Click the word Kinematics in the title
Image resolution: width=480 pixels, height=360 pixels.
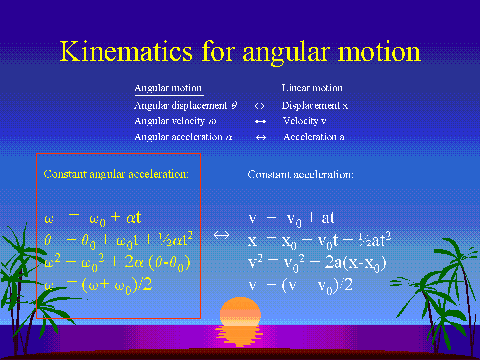(x=126, y=51)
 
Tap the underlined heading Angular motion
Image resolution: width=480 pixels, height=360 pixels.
(x=168, y=88)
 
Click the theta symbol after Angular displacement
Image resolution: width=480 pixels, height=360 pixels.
(x=234, y=105)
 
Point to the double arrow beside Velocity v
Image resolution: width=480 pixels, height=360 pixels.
(x=260, y=122)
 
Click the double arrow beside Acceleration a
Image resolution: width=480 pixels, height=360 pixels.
(x=261, y=138)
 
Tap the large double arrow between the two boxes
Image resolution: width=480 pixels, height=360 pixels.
(x=221, y=235)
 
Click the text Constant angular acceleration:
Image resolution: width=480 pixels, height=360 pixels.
(x=116, y=174)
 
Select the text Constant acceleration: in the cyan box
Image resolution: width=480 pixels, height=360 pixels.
(x=301, y=174)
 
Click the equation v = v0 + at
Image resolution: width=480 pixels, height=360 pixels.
(x=291, y=219)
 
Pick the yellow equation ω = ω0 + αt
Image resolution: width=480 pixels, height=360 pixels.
(x=93, y=219)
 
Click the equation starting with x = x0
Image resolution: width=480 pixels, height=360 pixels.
(x=319, y=241)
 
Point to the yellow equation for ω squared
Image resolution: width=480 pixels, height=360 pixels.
(x=117, y=263)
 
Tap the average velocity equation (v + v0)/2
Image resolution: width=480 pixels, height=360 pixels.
(x=300, y=285)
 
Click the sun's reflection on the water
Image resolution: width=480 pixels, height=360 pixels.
(x=239, y=336)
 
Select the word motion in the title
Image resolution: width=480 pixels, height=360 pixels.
(x=379, y=51)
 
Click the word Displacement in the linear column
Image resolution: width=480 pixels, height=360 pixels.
(x=311, y=105)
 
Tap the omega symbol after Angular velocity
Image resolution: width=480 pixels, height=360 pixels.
(x=212, y=122)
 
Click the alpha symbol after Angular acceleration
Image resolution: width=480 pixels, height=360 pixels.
(x=229, y=138)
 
